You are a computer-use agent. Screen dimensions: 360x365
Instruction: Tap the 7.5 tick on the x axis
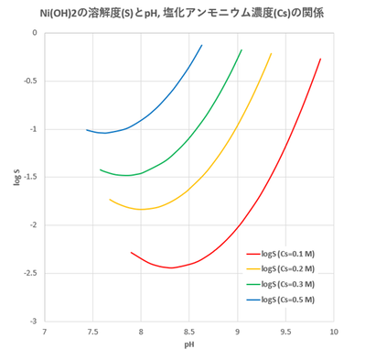[93, 331]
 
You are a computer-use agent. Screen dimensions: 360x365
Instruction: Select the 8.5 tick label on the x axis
[189, 331]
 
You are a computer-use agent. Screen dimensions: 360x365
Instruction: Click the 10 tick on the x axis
[334, 331]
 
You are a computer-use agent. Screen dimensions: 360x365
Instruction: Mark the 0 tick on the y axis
[36, 33]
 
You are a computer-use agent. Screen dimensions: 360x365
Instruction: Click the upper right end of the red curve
[320, 59]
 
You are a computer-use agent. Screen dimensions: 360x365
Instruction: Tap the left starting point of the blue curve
[87, 130]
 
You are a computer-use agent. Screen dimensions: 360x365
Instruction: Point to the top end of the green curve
[242, 49]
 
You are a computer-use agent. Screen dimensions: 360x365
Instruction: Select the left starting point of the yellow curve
[110, 200]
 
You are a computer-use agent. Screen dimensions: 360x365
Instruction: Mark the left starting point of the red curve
[132, 252]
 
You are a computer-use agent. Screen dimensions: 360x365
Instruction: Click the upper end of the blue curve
[201, 45]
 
